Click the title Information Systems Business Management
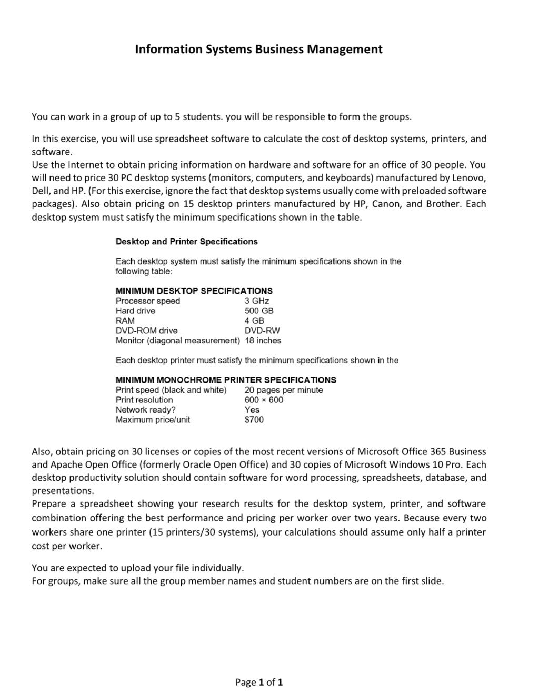258,50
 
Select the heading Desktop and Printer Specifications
186,242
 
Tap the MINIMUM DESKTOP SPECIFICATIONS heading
194,291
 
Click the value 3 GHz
257,301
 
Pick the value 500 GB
259,311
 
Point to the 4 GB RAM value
254,321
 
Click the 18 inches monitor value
263,341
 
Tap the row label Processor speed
147,301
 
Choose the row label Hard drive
135,311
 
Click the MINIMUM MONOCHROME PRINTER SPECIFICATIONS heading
225,380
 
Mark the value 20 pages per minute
284,390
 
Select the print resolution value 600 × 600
264,400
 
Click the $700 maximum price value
254,420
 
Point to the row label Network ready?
145,410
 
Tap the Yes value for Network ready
252,410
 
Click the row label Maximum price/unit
153,420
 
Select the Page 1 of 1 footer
259,683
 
